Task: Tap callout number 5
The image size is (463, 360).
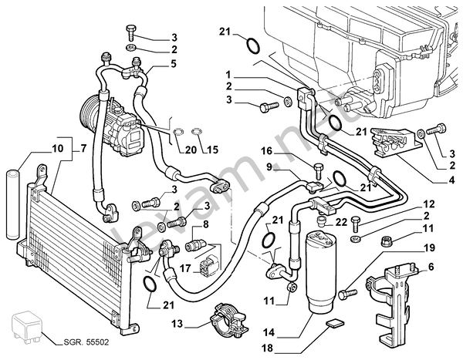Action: [174, 63]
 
